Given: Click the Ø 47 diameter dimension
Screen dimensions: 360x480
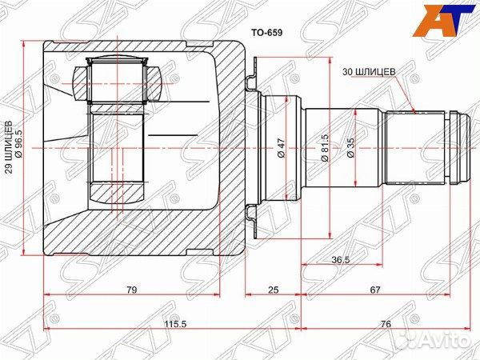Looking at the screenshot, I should (282, 149).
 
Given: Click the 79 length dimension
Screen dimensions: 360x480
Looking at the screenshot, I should (131, 289).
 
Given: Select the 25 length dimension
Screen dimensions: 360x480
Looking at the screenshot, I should (274, 289).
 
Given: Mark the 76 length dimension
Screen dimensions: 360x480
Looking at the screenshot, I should (386, 323).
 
